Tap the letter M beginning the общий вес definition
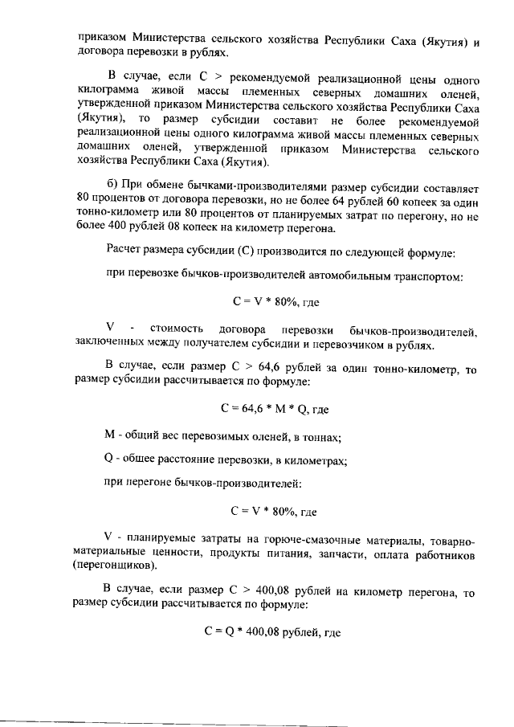[111, 436]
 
